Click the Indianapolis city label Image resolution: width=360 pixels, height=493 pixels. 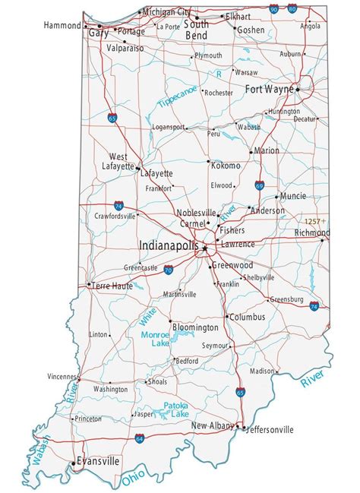tap(169, 246)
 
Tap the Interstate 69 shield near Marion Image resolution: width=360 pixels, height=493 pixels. tap(260, 184)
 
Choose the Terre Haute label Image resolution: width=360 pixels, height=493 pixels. tap(112, 286)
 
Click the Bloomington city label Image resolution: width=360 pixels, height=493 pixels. tap(195, 327)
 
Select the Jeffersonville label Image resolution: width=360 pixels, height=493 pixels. tap(269, 429)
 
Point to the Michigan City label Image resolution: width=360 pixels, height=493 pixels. tap(166, 13)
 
